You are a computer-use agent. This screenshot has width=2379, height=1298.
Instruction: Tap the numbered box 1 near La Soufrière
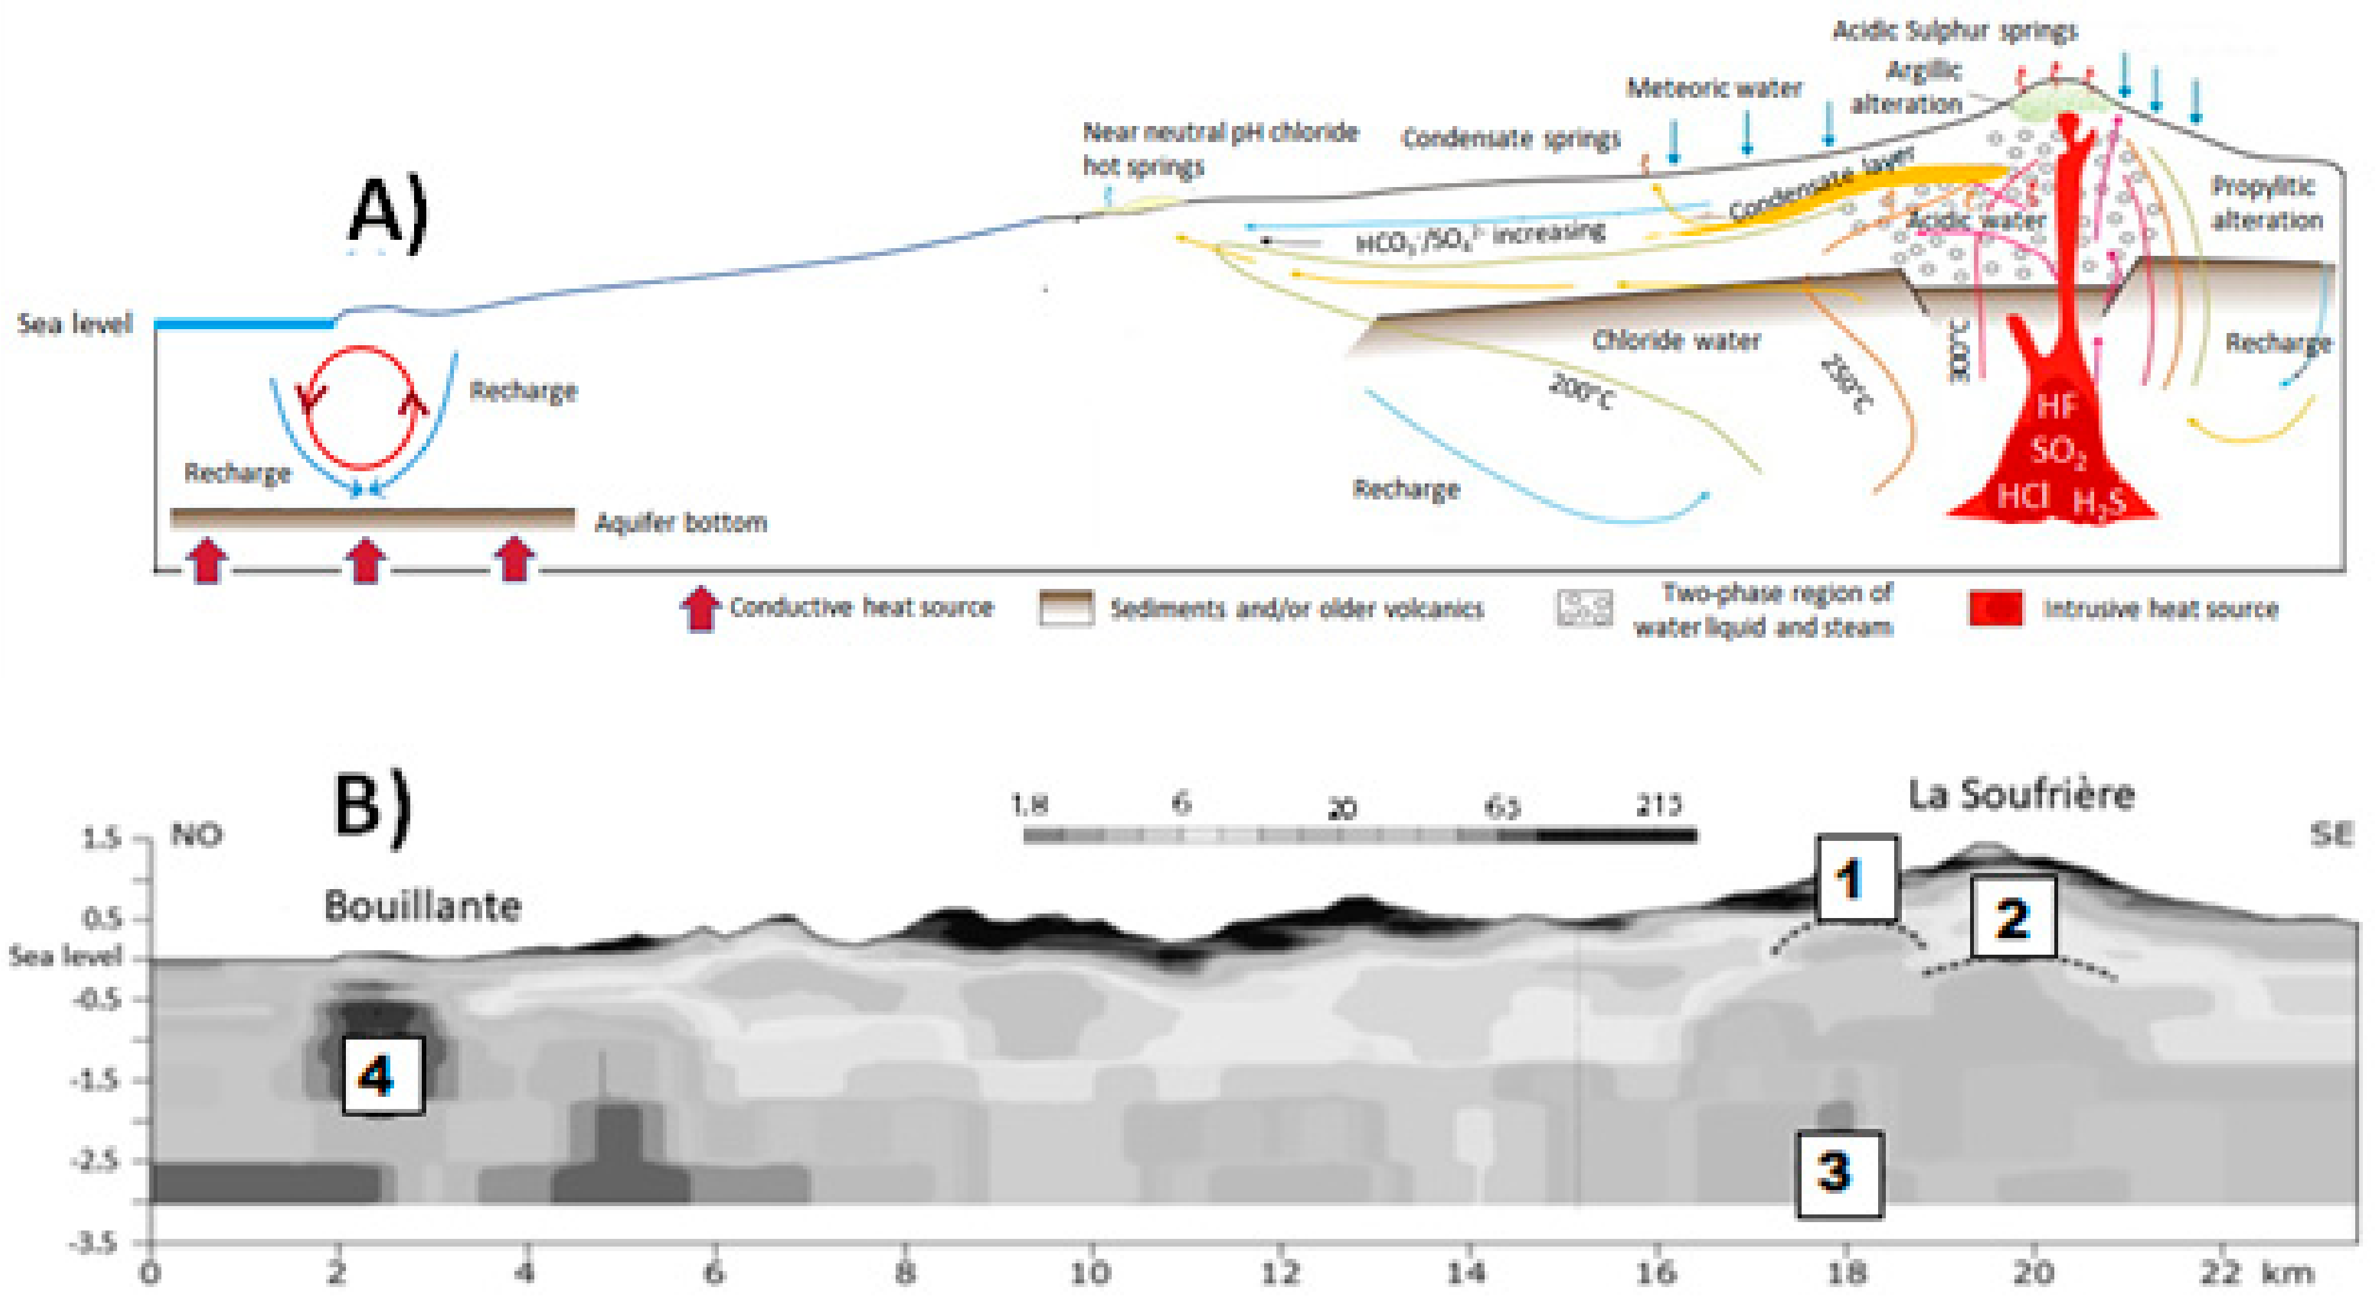coord(1856,878)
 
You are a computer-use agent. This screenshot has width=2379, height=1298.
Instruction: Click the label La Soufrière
coord(2021,794)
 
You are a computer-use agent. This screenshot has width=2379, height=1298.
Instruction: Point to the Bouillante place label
coord(422,906)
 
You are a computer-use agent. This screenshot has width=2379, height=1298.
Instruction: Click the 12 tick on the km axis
coord(1279,1272)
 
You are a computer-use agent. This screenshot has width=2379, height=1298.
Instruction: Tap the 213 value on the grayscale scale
coord(1658,805)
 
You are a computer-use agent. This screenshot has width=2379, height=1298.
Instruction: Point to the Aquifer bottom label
coord(681,523)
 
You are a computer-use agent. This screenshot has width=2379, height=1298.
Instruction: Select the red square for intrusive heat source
coord(1995,608)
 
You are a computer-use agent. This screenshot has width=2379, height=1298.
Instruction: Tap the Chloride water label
coord(1676,339)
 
